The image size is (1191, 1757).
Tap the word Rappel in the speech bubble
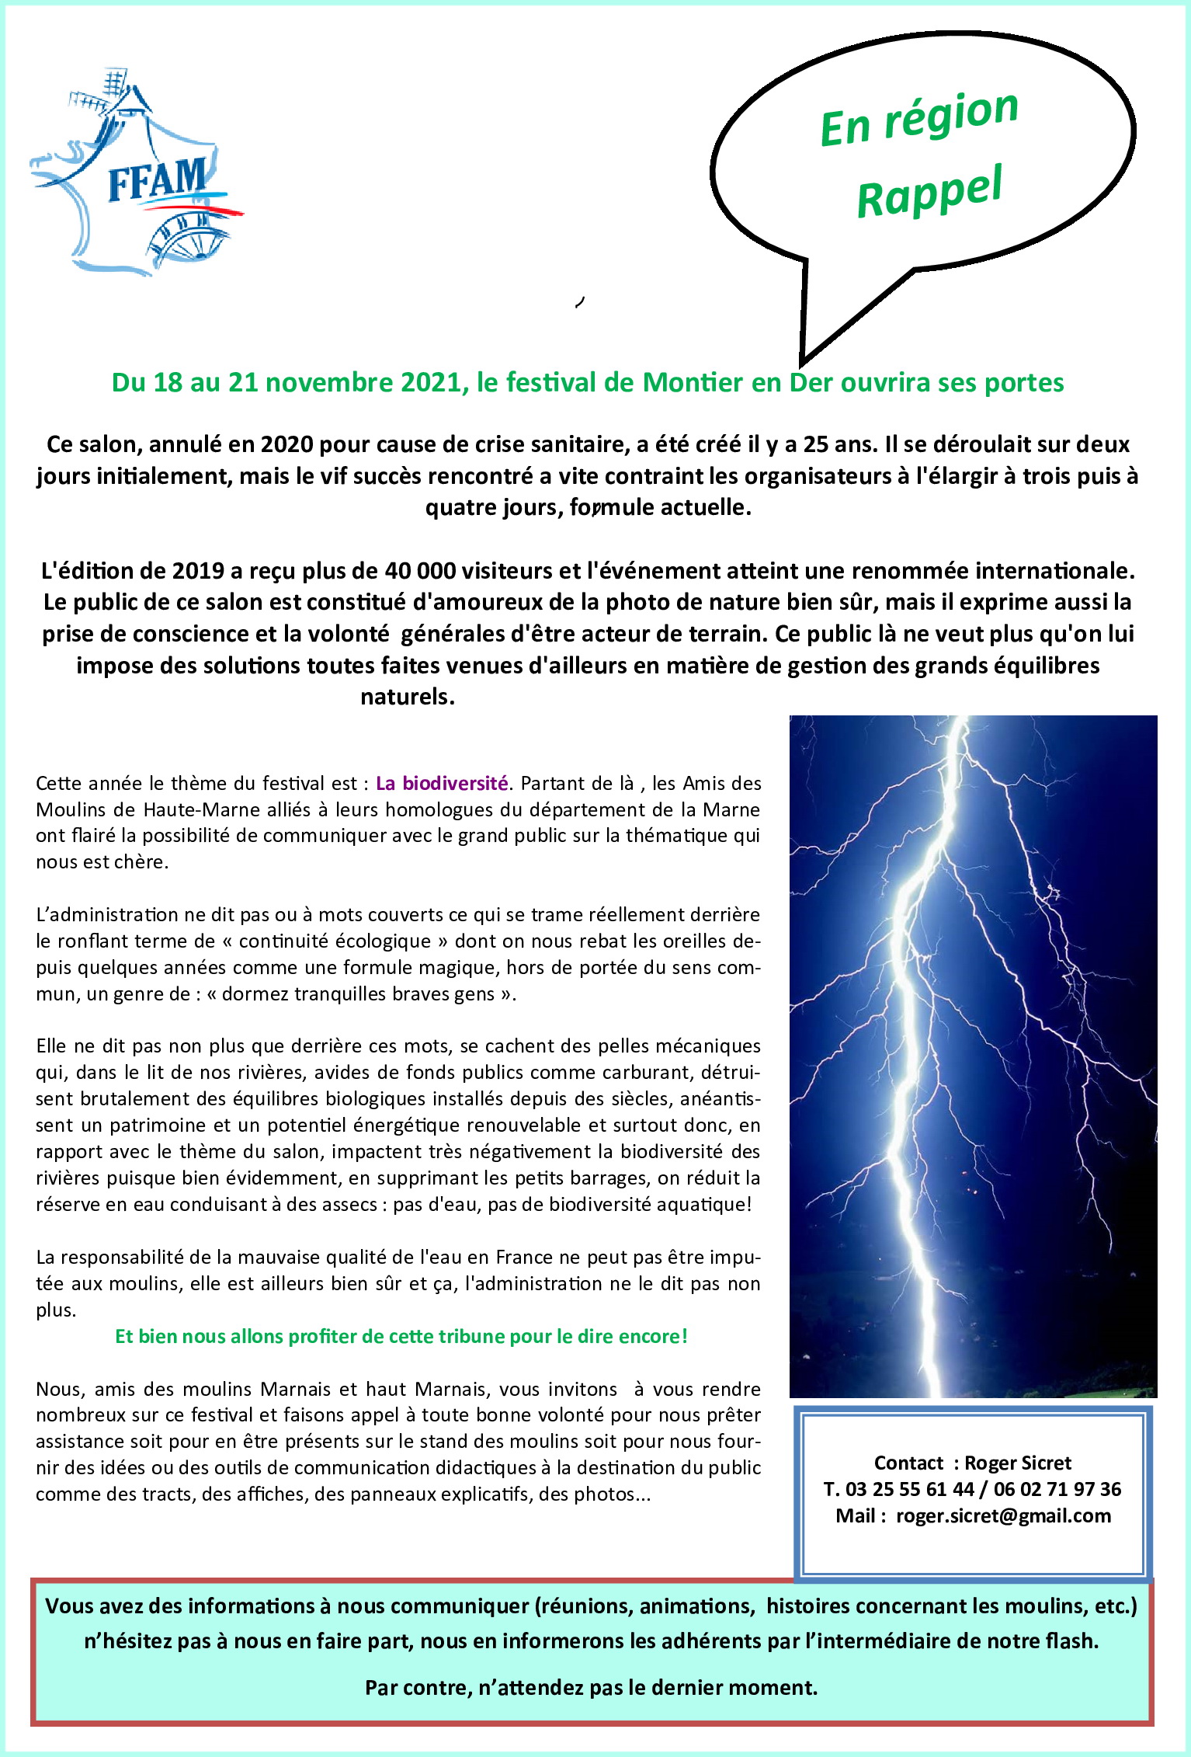[929, 191]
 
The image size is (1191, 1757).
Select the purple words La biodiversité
[442, 783]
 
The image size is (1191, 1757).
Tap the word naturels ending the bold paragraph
[406, 697]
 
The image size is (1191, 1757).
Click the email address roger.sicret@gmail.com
[1003, 1515]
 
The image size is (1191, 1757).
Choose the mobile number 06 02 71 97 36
[1057, 1489]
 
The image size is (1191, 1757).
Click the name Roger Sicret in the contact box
[1017, 1463]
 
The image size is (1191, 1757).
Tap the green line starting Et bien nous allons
[401, 1336]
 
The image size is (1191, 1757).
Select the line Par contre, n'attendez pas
[591, 1688]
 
